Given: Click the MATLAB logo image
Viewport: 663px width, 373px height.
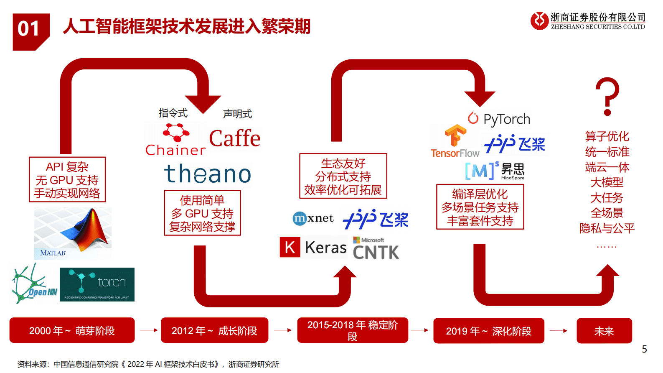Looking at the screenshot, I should (73, 232).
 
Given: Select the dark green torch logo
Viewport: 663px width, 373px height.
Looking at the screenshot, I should (97, 285).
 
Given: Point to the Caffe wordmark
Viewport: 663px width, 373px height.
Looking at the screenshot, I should (234, 139).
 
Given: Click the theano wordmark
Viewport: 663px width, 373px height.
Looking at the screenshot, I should (208, 174).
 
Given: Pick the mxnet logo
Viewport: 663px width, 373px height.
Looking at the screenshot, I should (313, 218).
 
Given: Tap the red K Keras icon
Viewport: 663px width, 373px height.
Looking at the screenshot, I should (290, 247).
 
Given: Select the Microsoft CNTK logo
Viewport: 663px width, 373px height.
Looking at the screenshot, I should (376, 249).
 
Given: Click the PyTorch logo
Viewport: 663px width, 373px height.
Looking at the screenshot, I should (499, 119).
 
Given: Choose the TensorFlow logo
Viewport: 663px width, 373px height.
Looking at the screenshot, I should (455, 142).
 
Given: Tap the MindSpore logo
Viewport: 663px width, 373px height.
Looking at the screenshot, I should (495, 171).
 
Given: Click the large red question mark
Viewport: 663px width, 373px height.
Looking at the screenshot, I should (607, 97).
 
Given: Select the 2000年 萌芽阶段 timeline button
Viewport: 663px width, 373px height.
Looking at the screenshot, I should (72, 330).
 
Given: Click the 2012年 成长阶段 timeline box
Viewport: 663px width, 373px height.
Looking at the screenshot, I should (214, 330).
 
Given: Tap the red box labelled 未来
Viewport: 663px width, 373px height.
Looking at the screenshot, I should (604, 331).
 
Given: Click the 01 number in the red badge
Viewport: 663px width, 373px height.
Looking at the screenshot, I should (28, 29).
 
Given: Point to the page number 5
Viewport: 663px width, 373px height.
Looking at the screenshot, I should (644, 349).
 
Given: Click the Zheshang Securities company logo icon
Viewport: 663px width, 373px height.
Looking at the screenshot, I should (539, 20).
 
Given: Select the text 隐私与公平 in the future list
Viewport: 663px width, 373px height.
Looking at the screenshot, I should (607, 228).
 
